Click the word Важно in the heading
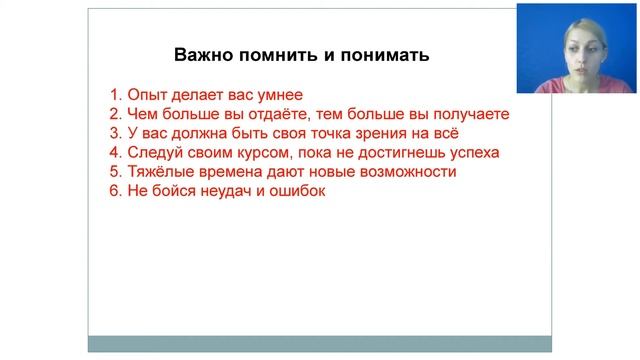201,55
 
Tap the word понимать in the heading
385,55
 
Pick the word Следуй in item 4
154,153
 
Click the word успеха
472,153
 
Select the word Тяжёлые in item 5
160,172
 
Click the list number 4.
115,153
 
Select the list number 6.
115,191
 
